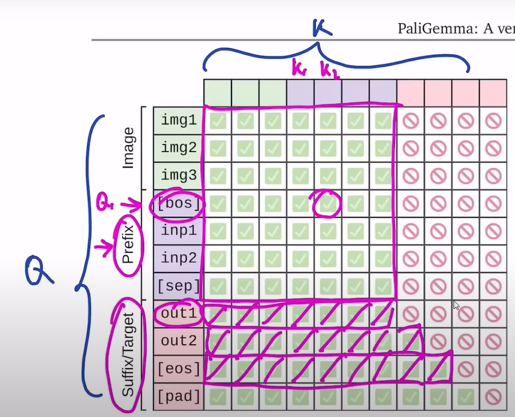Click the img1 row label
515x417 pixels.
179,120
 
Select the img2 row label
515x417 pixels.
179,148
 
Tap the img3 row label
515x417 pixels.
179,175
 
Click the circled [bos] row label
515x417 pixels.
179,203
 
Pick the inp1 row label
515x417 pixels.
179,231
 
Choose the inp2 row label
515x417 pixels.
179,259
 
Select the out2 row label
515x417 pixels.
179,341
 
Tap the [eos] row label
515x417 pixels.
179,369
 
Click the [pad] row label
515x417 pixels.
179,397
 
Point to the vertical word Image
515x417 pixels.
128,147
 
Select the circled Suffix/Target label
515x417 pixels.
128,355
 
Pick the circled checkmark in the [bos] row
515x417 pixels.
328,204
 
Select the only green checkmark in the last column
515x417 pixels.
465,397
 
